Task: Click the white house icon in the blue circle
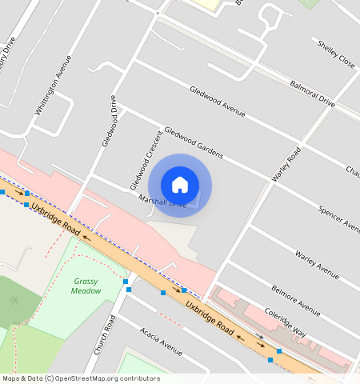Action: click(180, 185)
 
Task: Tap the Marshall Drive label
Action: click(162, 202)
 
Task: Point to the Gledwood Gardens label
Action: click(193, 140)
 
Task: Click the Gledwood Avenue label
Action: click(217, 100)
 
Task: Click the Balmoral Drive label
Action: click(312, 93)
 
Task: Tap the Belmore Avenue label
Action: click(295, 299)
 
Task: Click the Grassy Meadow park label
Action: click(87, 286)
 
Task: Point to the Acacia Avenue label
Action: click(161, 341)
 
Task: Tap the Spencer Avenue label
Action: click(339, 218)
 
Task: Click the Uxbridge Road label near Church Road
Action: click(210, 317)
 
